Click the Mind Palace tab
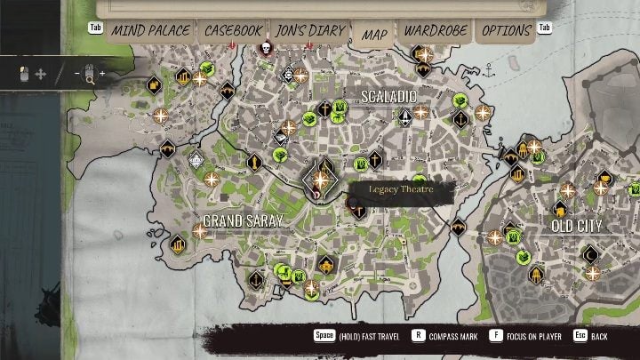(x=150, y=31)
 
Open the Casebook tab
(x=233, y=31)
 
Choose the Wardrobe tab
(x=435, y=31)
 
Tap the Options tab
(x=506, y=31)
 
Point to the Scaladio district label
(x=388, y=95)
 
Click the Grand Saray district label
(x=243, y=220)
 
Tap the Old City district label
(x=577, y=226)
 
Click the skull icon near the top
(x=265, y=47)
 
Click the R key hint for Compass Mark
(x=418, y=337)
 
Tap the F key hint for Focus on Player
(x=495, y=337)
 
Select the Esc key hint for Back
(x=580, y=337)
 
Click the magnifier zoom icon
(x=90, y=74)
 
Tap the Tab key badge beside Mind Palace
(x=96, y=28)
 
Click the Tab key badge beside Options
(x=545, y=28)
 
